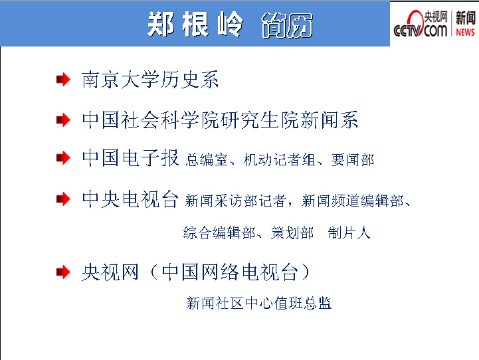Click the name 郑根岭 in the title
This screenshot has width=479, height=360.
pyautogui.click(x=195, y=25)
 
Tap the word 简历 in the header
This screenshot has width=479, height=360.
pyautogui.click(x=287, y=25)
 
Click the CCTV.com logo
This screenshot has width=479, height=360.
pyautogui.click(x=421, y=24)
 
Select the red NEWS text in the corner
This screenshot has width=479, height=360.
pyautogui.click(x=465, y=32)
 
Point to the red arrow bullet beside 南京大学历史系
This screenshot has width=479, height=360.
pyautogui.click(x=63, y=80)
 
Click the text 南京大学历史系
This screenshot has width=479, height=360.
pyautogui.click(x=150, y=80)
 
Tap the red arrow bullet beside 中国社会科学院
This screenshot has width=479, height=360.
pyautogui.click(x=63, y=120)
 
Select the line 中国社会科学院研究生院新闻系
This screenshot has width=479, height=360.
pyautogui.click(x=220, y=120)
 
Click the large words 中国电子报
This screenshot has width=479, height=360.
pyautogui.click(x=130, y=158)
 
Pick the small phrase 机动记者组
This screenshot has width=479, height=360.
pyautogui.click(x=279, y=159)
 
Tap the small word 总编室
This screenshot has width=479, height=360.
pyautogui.click(x=207, y=159)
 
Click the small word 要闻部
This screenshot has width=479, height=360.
pyautogui.click(x=353, y=159)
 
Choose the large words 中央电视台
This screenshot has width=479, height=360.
pyautogui.click(x=130, y=199)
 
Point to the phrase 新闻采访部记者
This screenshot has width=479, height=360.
pyautogui.click(x=236, y=201)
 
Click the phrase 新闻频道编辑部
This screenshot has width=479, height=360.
pyautogui.click(x=353, y=201)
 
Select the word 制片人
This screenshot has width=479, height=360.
pyautogui.click(x=349, y=233)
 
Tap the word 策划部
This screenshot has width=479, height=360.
pyautogui.click(x=292, y=233)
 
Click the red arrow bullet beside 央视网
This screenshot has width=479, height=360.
pyautogui.click(x=63, y=272)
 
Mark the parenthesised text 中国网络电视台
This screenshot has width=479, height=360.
pyautogui.click(x=230, y=272)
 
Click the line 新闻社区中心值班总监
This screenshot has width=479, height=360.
pyautogui.click(x=259, y=303)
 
